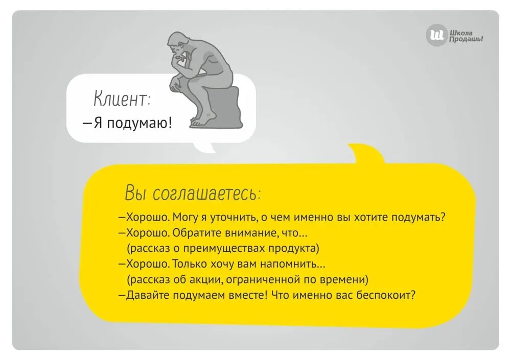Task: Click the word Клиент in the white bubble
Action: tap(121, 99)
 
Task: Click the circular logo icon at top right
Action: tap(436, 36)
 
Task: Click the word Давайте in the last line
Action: tap(148, 295)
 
